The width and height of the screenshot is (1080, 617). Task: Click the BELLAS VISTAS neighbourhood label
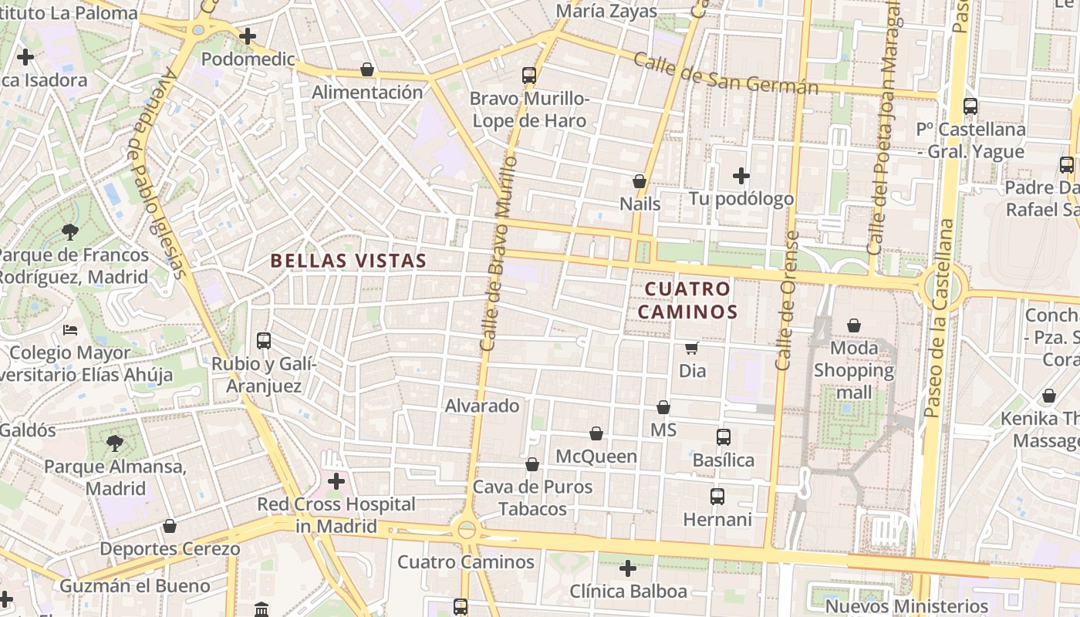[x=349, y=261]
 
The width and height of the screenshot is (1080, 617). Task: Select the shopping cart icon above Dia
[x=692, y=349]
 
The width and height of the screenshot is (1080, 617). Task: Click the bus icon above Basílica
[x=724, y=437]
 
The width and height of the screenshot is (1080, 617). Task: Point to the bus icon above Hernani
[x=717, y=497]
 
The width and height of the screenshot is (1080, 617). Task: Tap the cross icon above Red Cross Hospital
[x=336, y=481]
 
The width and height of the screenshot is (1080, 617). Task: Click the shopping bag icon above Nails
[x=640, y=181]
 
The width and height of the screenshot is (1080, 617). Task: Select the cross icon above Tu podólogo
[x=741, y=176]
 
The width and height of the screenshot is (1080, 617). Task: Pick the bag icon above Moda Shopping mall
[x=854, y=325]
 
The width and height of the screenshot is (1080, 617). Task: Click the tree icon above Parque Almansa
[x=115, y=443]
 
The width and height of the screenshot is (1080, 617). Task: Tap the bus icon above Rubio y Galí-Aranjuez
[x=264, y=340]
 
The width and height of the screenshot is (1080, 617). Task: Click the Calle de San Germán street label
[x=725, y=74]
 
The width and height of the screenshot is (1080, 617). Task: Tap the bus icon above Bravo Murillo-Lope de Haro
[x=529, y=76]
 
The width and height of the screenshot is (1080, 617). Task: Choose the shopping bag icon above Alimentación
[x=367, y=69]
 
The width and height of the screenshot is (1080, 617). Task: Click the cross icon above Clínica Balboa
[x=628, y=568]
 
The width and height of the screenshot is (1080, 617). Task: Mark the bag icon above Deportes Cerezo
[x=170, y=526]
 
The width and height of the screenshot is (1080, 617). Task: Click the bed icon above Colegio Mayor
[x=70, y=330]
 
